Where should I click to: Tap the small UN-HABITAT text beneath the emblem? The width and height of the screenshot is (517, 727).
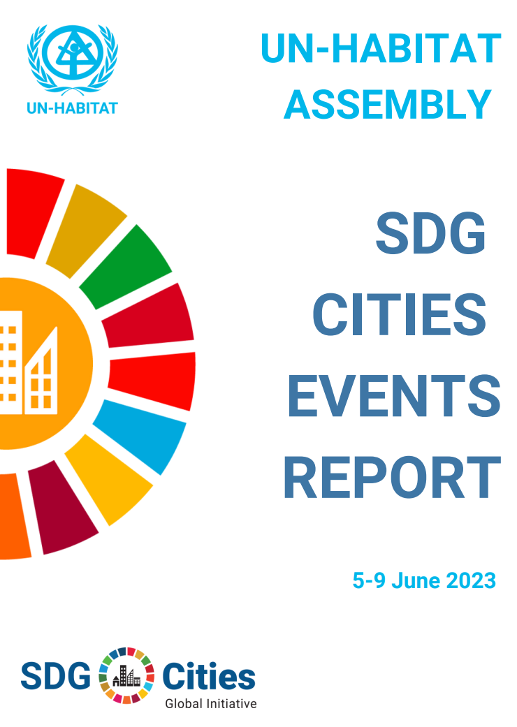click(x=73, y=108)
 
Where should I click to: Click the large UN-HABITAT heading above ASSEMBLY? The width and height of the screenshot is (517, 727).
click(x=381, y=48)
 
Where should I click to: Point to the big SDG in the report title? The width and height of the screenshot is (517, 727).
click(x=430, y=234)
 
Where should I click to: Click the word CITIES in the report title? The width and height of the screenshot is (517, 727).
click(x=398, y=314)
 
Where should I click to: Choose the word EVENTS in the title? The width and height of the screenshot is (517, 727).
click(x=394, y=396)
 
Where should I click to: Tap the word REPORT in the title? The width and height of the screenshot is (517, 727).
click(x=392, y=477)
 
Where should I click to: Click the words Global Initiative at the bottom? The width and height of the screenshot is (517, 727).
click(x=211, y=703)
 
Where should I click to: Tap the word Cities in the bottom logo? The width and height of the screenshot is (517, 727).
click(x=209, y=676)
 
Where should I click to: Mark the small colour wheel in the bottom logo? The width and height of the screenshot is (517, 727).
click(x=126, y=675)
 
